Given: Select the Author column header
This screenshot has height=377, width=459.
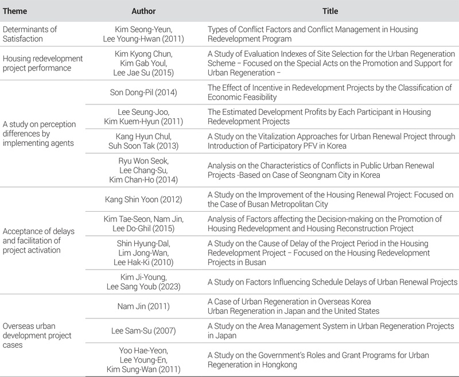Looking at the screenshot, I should coord(143,11).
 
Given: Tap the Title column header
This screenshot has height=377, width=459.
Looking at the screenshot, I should coord(330,11).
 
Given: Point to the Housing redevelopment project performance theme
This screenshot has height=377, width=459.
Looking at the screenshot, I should coord(43,63).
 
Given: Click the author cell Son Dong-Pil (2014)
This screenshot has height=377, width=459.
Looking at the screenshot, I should coord(143,92).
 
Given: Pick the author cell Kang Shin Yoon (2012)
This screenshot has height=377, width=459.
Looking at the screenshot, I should coord(143,199).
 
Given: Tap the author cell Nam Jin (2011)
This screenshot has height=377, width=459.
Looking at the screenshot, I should coord(143,306).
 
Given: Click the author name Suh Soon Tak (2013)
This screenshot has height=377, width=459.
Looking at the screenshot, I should coord(143,146).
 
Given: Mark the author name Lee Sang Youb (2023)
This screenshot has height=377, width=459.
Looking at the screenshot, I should coord(143,286).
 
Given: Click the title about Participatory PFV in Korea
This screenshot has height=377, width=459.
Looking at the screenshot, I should coord(331,141).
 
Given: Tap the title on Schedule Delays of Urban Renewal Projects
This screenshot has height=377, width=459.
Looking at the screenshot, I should coord(332,281).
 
